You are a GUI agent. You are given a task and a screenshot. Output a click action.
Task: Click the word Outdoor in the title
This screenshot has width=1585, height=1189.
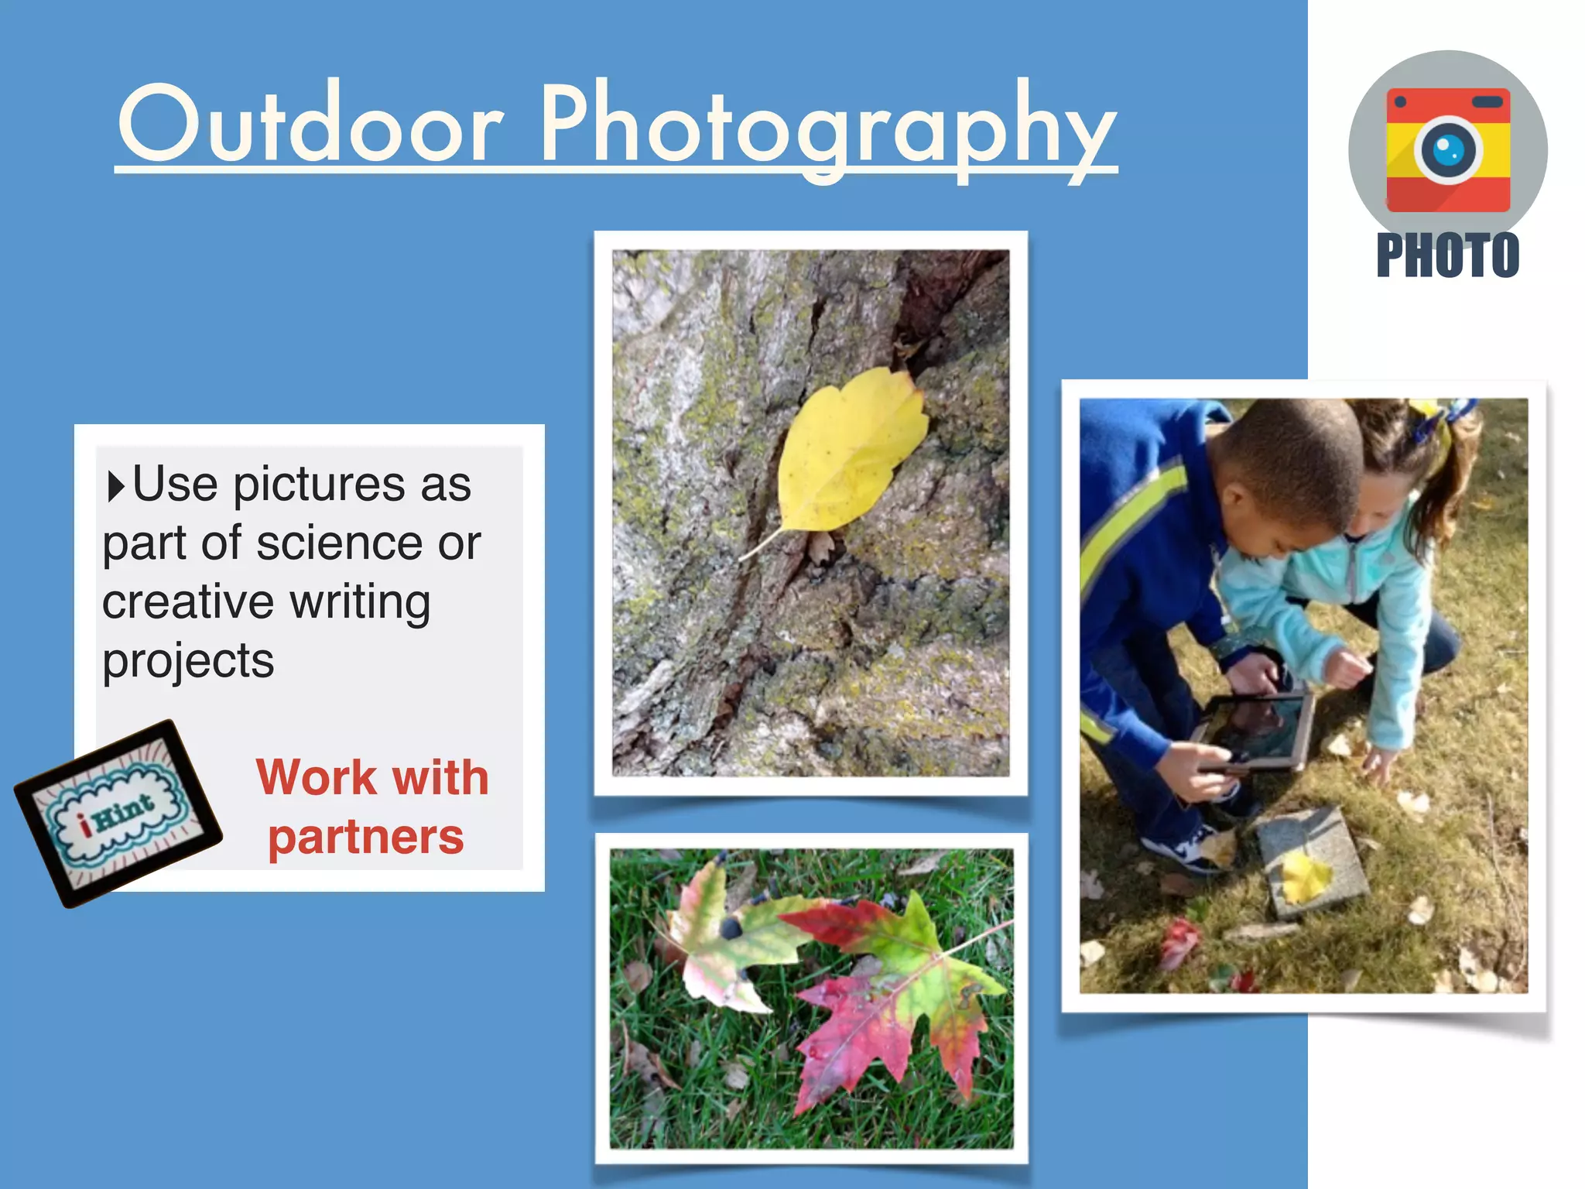(x=310, y=124)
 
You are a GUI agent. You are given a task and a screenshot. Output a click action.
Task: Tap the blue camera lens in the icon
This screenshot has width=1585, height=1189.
(x=1448, y=149)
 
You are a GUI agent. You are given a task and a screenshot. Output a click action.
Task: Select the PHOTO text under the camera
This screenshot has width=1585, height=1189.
(x=1447, y=255)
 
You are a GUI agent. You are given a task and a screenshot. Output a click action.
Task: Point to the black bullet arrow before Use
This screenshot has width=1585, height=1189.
(x=115, y=486)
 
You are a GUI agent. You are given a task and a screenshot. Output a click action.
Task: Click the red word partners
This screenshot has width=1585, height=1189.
(x=365, y=838)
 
